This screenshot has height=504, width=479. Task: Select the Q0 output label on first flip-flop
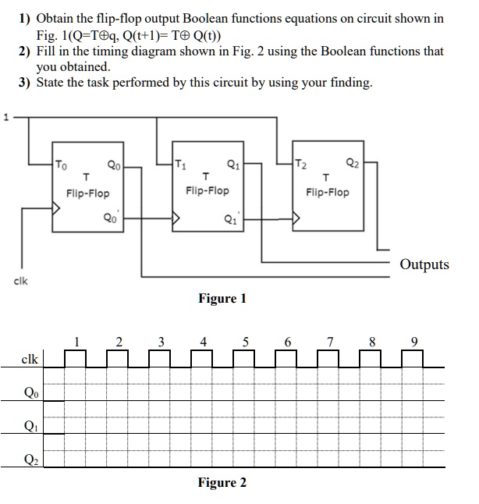pos(114,165)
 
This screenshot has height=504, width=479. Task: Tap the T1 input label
pos(181,164)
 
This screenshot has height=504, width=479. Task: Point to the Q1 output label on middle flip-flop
pos(232,164)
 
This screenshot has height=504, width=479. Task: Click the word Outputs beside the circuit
pos(424,264)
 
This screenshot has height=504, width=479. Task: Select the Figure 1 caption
pos(222,298)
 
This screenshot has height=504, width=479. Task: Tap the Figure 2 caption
pos(222,482)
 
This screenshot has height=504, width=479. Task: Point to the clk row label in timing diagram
pos(30,360)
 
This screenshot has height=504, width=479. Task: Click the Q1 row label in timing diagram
pos(30,426)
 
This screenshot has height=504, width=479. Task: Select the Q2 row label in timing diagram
pos(30,460)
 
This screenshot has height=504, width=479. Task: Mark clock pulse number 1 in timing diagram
pos(76,340)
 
